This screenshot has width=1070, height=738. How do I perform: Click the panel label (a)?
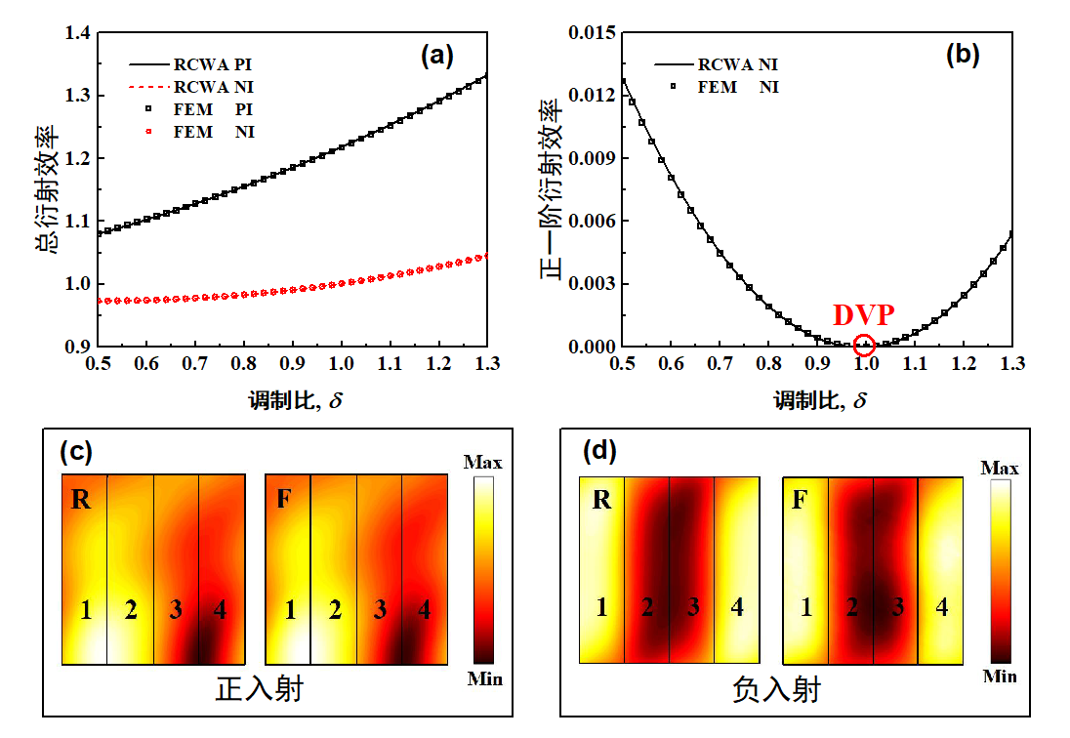[437, 56]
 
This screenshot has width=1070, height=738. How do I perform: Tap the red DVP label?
[864, 315]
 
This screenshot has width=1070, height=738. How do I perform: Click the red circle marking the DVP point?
[864, 345]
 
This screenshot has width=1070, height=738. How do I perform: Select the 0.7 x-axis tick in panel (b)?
[720, 363]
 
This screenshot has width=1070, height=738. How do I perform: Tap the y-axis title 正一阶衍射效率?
[552, 189]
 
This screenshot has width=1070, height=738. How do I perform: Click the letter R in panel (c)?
[83, 501]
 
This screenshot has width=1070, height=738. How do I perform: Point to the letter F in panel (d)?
[800, 501]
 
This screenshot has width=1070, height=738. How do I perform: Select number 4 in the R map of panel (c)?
[221, 611]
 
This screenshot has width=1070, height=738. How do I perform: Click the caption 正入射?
[259, 688]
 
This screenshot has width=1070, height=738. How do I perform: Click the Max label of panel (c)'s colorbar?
[483, 462]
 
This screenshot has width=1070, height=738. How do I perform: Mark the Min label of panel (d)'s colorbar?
[1000, 676]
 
